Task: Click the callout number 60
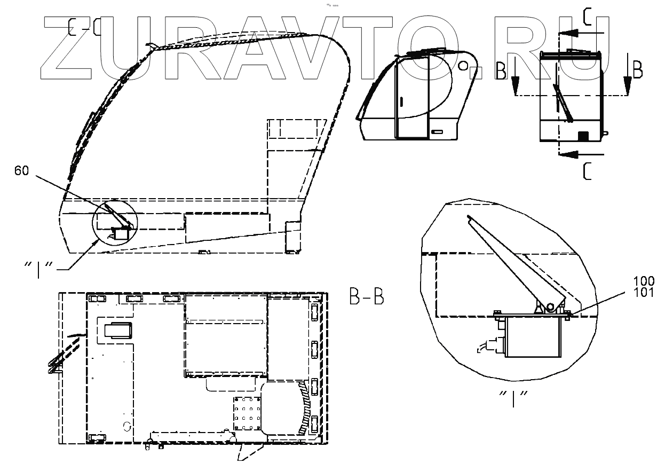coord(22,171)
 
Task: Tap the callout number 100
coord(644,281)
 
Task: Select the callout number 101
coord(644,293)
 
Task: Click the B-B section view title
coord(367,296)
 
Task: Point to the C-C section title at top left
coord(85,27)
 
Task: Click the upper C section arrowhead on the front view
coord(568,33)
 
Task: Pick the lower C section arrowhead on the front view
coord(568,154)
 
